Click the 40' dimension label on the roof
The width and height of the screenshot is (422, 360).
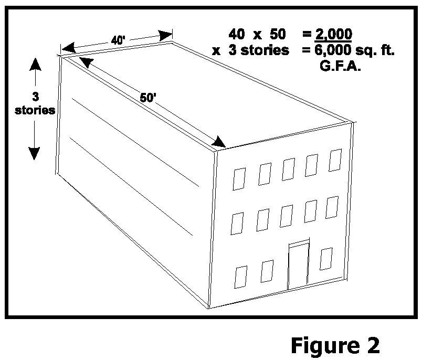[x=118, y=40]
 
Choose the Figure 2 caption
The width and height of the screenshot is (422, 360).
[x=335, y=345]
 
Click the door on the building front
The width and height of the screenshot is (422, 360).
[x=298, y=266]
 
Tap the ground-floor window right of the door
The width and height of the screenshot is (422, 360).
[x=327, y=258]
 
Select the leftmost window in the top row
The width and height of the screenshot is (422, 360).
[x=239, y=179]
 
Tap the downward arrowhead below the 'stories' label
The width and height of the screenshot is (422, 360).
[x=34, y=153]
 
